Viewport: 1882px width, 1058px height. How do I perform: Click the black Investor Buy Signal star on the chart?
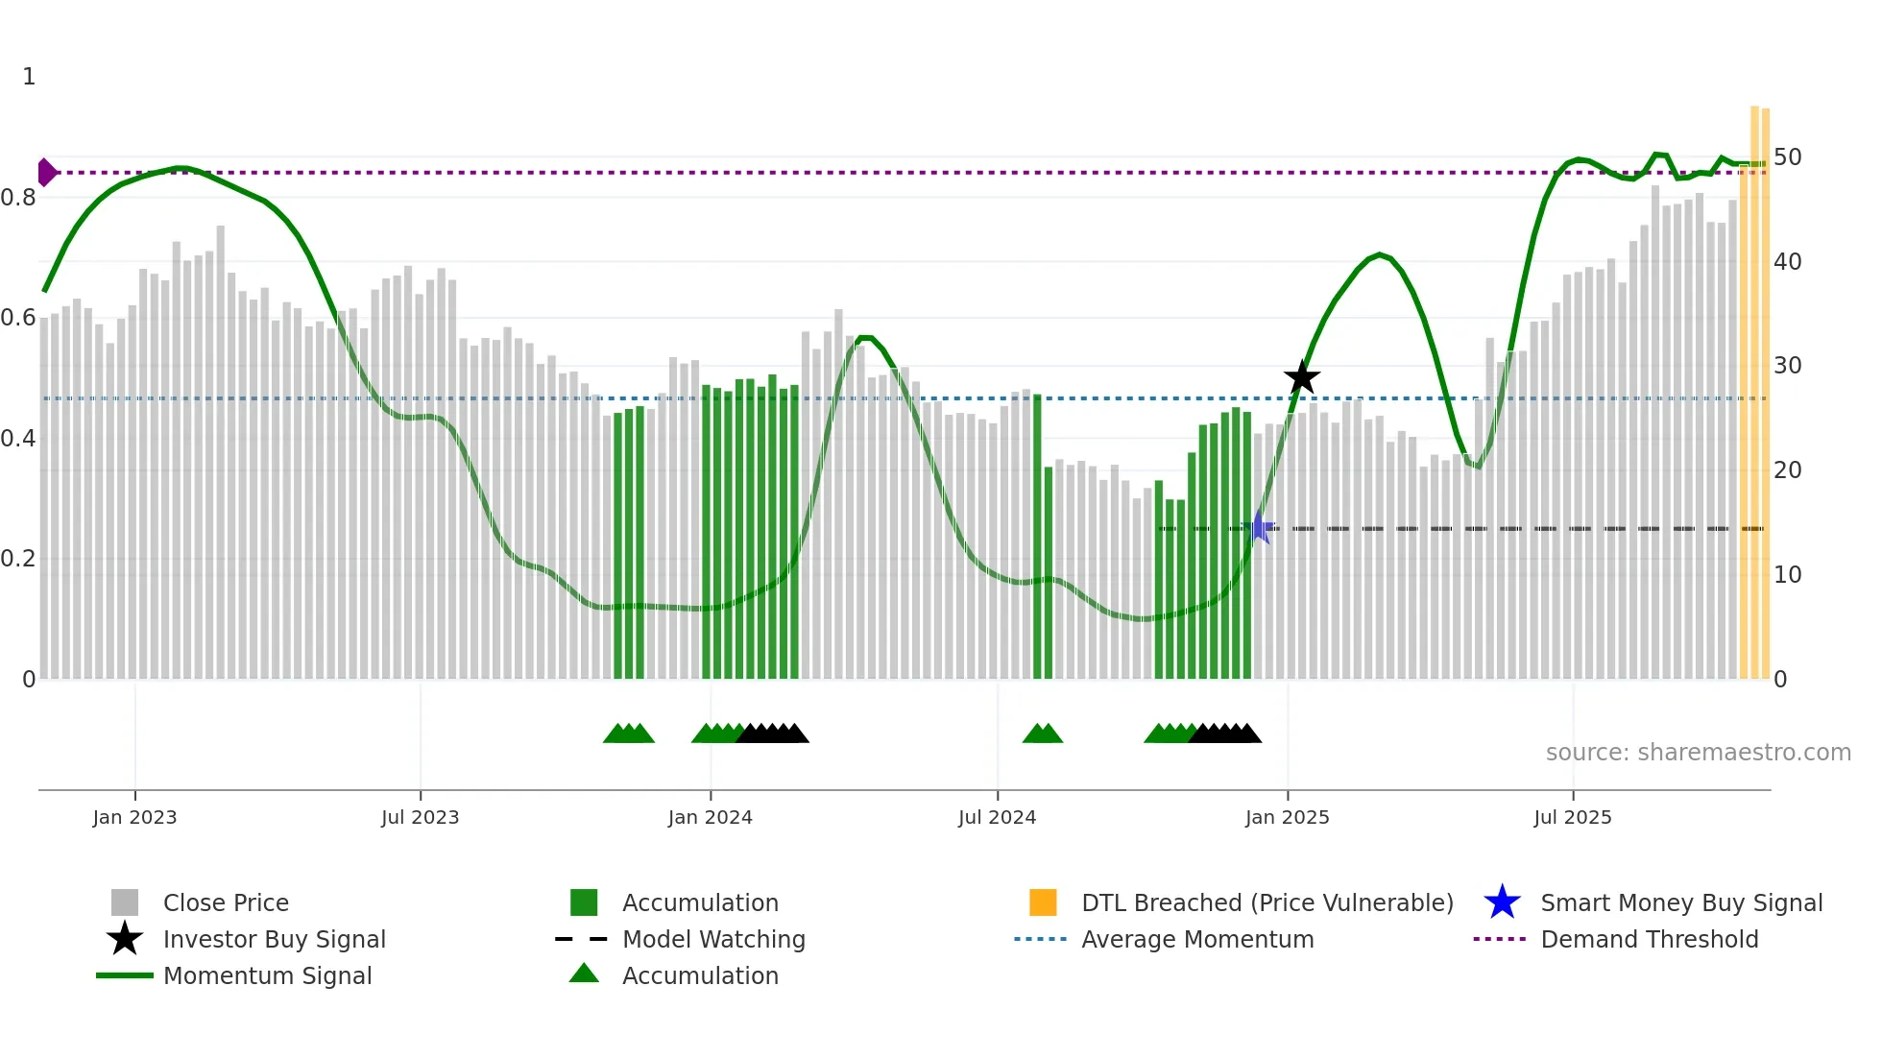click(1302, 378)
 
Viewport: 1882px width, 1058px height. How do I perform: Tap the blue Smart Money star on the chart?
click(1259, 527)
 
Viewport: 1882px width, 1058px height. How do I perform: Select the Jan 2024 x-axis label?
click(710, 817)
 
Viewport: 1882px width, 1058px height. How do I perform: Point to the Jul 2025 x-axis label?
click(1572, 817)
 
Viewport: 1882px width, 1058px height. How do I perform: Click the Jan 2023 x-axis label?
click(134, 817)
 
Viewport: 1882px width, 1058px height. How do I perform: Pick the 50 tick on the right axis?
click(1787, 156)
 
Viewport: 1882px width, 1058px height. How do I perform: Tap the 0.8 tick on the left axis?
click(18, 198)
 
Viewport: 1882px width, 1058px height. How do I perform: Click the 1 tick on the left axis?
click(29, 77)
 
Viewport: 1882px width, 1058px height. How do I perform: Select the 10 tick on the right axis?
click(1787, 575)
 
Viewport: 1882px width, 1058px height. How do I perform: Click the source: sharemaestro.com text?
click(1698, 753)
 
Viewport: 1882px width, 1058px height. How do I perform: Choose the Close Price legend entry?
click(226, 902)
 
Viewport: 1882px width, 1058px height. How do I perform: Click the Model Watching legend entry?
click(713, 939)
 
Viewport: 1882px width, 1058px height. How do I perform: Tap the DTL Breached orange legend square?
click(1043, 902)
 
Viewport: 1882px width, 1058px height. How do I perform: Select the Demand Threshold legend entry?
click(1649, 939)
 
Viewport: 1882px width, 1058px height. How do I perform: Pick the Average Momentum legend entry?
click(1196, 939)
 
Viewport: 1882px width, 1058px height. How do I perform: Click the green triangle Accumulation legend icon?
click(584, 974)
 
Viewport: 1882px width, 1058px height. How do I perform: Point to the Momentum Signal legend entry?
click(267, 975)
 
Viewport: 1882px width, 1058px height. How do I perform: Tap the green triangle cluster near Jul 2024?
click(1043, 734)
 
